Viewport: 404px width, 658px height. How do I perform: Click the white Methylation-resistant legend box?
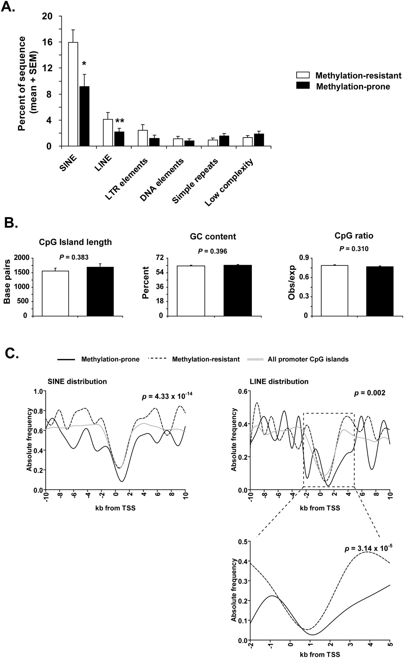(302, 76)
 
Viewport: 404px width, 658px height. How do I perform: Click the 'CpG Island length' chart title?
(76, 242)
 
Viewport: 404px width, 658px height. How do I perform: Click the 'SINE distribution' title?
(78, 382)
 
